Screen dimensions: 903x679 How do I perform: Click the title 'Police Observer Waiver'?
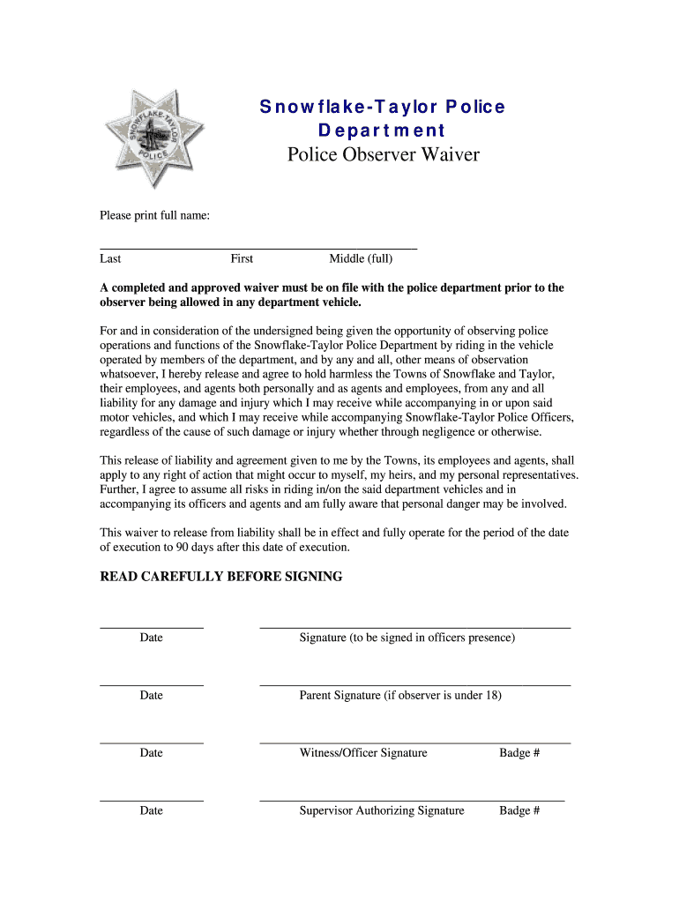383,155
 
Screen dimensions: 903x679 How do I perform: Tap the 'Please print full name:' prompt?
154,216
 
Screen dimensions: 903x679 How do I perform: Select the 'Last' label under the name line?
110,258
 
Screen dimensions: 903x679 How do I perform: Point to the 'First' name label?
242,258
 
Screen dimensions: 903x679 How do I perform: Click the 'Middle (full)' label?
361,258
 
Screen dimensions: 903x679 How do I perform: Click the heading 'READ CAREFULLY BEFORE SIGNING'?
220,577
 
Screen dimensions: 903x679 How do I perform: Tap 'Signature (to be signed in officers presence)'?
407,638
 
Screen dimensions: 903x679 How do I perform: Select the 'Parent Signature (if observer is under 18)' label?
400,695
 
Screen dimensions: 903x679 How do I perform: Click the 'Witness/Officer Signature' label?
363,753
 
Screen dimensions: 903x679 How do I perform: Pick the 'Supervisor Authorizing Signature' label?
382,810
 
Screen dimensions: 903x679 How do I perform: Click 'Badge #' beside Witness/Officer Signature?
519,753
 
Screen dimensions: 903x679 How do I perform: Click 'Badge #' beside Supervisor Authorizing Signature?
519,810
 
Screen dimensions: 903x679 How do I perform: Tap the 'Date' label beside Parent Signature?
151,695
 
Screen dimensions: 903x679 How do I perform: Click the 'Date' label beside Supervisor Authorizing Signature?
151,810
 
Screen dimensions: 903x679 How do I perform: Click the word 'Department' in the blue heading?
382,131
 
